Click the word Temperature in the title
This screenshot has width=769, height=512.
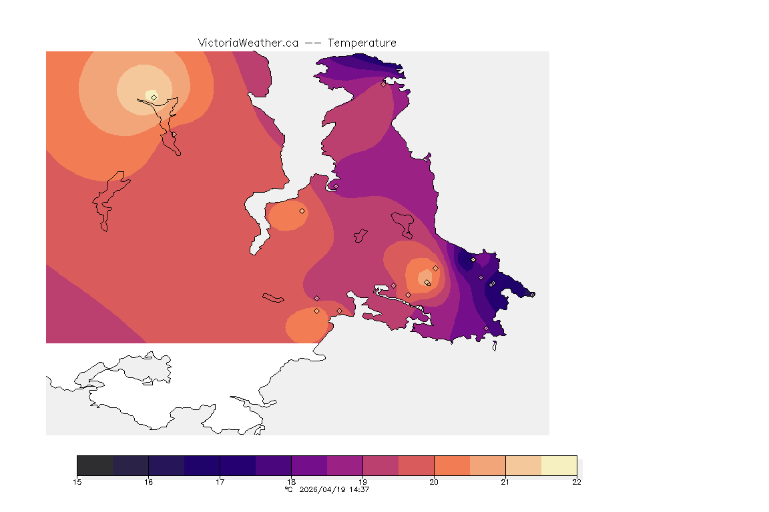(x=362, y=43)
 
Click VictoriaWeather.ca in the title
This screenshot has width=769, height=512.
(x=248, y=43)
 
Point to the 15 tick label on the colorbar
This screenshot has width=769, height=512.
(x=77, y=482)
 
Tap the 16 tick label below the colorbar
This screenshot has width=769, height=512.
(x=148, y=482)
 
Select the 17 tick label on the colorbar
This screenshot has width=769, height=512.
(x=220, y=482)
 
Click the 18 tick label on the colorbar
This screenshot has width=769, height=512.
(x=291, y=482)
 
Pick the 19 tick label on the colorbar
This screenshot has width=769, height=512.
(x=362, y=482)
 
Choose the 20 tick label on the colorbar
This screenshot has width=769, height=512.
(x=434, y=482)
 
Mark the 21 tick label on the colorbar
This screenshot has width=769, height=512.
(x=505, y=482)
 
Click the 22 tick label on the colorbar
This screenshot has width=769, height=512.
(x=576, y=482)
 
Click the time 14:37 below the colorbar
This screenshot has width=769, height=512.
(x=359, y=489)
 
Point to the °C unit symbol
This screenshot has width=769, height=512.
(x=288, y=489)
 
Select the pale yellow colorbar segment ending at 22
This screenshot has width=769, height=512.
(x=559, y=465)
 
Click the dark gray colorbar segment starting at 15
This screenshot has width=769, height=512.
(x=95, y=465)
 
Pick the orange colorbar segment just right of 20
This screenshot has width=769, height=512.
(x=452, y=465)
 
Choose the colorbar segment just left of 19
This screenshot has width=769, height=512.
(x=344, y=465)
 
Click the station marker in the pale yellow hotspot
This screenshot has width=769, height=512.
(x=154, y=97)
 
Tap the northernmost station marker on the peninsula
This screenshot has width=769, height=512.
(x=383, y=84)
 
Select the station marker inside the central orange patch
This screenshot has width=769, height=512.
(x=302, y=211)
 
